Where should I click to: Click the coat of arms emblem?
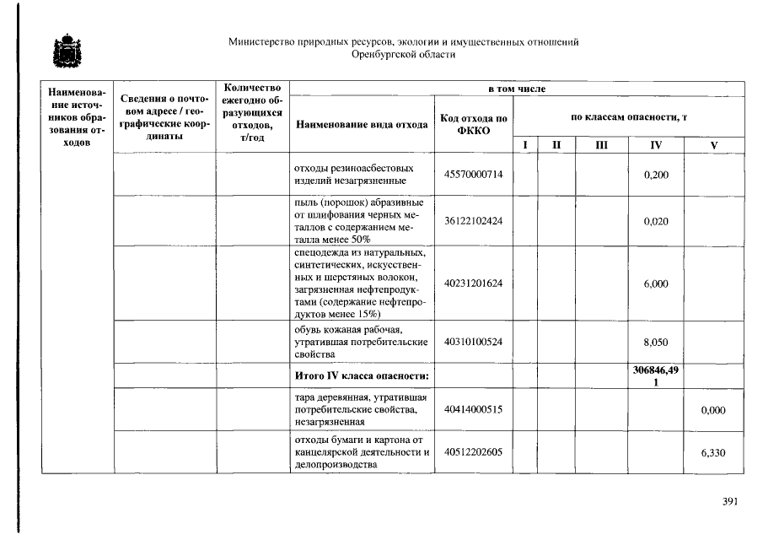tap(64, 50)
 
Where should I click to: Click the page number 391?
tap(730, 502)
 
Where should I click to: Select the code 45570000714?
tap(473, 175)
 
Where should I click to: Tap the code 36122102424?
tap(473, 221)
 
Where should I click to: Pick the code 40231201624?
tap(473, 283)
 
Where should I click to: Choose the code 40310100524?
tap(473, 343)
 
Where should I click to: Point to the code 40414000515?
tap(473, 410)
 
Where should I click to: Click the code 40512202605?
tap(473, 452)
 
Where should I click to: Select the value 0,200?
tap(656, 175)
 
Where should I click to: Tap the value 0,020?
tap(656, 221)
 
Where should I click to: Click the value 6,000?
tap(656, 283)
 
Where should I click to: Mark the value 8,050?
tap(656, 343)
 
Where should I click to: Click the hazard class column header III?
tap(600, 145)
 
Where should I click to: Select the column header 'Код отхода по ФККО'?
tap(473, 124)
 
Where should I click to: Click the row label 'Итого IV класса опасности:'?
tap(362, 375)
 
